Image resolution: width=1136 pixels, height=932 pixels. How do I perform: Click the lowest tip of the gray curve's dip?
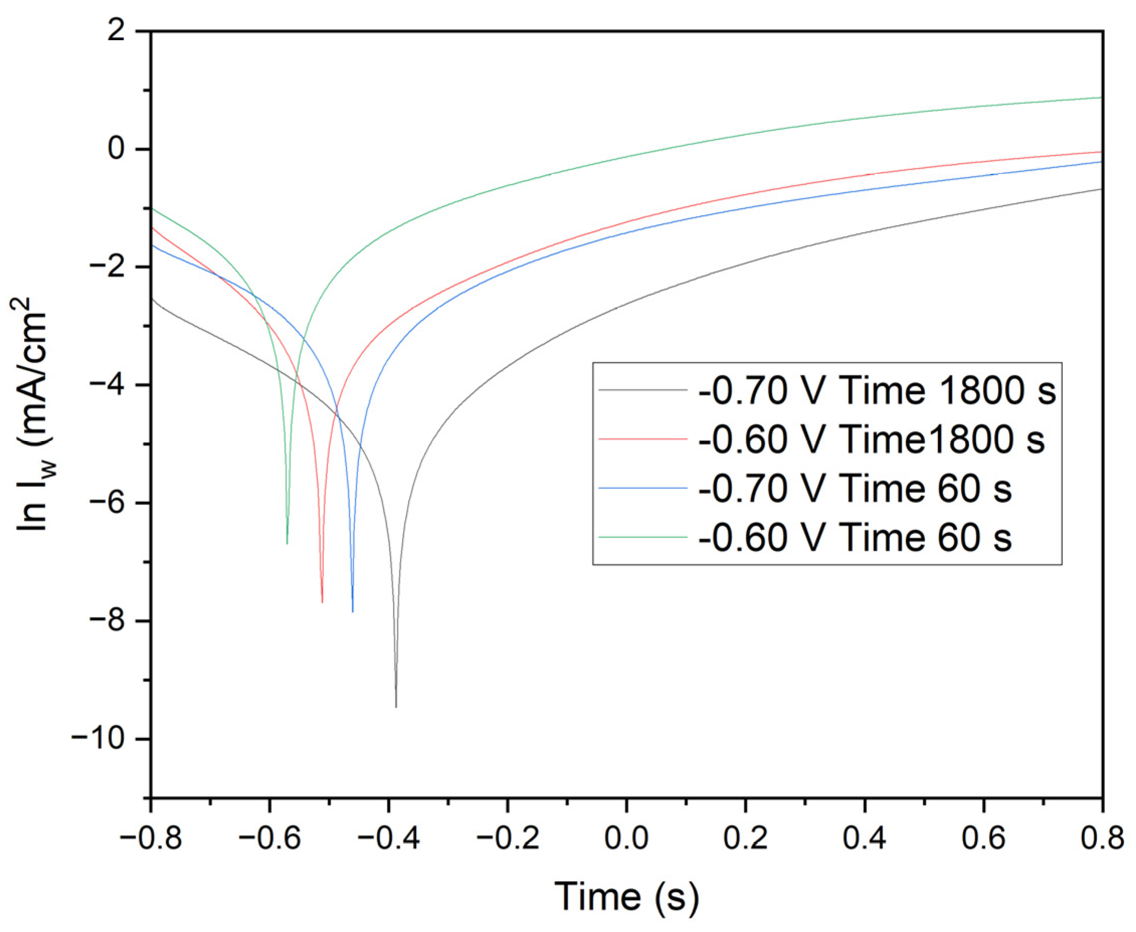click(x=396, y=706)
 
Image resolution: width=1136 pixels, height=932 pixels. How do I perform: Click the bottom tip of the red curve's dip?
click(x=322, y=602)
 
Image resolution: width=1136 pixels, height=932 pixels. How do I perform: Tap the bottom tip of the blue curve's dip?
click(x=353, y=611)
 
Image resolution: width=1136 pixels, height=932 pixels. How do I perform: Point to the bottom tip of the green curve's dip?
click(x=287, y=543)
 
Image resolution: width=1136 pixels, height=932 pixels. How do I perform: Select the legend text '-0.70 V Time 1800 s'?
click(x=877, y=391)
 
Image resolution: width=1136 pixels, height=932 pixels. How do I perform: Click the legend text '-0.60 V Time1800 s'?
click(x=871, y=440)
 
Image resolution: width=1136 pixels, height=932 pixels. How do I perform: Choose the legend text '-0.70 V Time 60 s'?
click(x=855, y=488)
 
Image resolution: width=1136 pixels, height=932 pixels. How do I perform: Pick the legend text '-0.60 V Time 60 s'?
click(x=855, y=537)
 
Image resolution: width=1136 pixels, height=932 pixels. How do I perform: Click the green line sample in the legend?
click(x=643, y=537)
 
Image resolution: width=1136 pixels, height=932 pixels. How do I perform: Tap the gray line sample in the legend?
click(x=643, y=390)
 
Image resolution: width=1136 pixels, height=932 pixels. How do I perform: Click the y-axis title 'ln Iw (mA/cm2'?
click(x=31, y=413)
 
